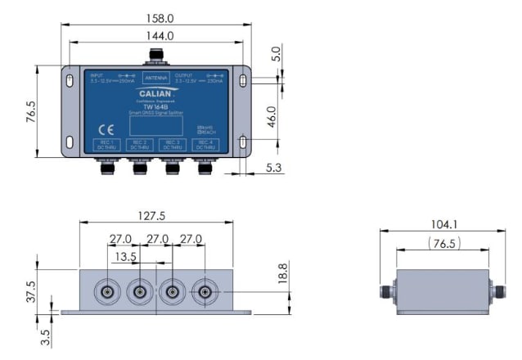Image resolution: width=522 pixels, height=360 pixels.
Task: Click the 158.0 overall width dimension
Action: point(160,16)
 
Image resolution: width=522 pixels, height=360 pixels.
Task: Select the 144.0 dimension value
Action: point(160,36)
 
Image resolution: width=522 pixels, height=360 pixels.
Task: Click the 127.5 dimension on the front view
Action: point(156,217)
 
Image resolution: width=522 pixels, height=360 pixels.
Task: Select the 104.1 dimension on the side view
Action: point(443,223)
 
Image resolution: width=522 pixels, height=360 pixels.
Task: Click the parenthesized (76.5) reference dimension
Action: point(443,244)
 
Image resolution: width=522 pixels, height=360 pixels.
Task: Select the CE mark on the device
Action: point(106,128)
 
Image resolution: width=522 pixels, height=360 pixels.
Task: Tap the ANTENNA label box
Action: point(155,79)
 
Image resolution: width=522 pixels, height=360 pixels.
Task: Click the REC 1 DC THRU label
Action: point(106,145)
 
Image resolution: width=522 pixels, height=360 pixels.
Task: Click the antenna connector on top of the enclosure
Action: point(155,57)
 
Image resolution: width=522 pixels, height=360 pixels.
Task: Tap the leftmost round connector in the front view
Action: point(107,292)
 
